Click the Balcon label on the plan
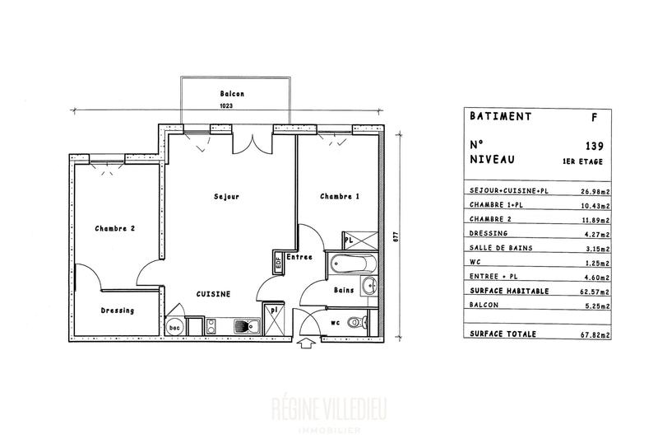tap(233, 94)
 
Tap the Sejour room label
tap(226, 196)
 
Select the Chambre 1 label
tap(340, 196)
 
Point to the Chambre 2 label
tap(114, 228)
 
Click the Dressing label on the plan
tap(117, 311)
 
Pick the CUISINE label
tap(212, 294)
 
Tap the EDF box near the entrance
tap(278, 264)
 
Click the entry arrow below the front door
tap(308, 343)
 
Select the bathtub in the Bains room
tap(352, 265)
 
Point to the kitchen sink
tap(244, 326)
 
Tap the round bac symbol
tap(174, 327)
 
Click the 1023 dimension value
tap(226, 105)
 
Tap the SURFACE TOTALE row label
tap(502, 334)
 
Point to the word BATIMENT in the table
tap(500, 117)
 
